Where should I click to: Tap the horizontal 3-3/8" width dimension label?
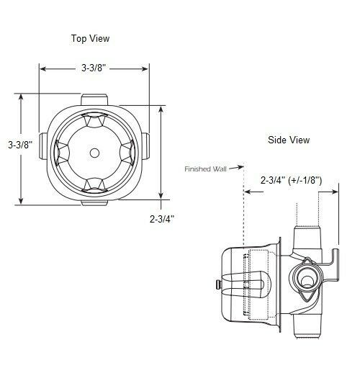(x=94, y=69)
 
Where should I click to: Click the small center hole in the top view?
(x=94, y=152)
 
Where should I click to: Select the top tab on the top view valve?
(x=94, y=99)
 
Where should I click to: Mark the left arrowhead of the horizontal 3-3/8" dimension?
(x=42, y=69)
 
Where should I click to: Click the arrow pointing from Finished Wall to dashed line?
(x=238, y=170)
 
